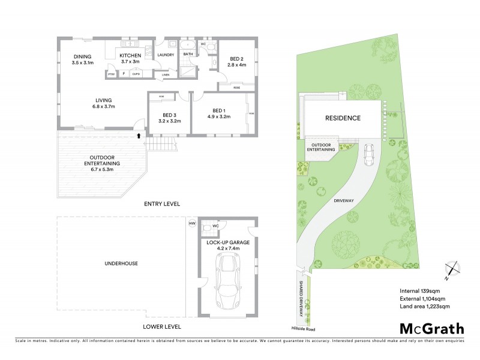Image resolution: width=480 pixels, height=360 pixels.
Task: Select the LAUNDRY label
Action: (x=165, y=55)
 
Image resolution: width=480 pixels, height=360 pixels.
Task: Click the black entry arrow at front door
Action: (x=140, y=136)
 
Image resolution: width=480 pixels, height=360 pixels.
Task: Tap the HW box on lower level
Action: (x=192, y=223)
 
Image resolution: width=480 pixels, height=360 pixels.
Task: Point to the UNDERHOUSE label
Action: (x=121, y=263)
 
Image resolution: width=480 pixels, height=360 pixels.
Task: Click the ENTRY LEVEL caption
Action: (x=162, y=204)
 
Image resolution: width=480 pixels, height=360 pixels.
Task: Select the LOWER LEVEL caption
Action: (x=162, y=327)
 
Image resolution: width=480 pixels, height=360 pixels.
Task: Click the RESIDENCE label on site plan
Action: (x=343, y=118)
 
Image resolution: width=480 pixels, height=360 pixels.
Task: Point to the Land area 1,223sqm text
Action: (x=425, y=307)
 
